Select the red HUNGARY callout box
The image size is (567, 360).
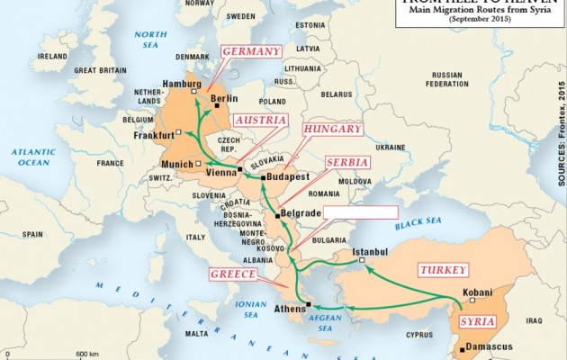point(333,129)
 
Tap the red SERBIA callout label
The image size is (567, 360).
point(346,161)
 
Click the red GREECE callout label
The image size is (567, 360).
point(234,274)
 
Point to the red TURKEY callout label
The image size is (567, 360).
point(443,270)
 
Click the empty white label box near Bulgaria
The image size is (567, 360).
point(359,213)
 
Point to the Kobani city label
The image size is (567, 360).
point(477,292)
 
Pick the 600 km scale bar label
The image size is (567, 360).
point(87,353)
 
